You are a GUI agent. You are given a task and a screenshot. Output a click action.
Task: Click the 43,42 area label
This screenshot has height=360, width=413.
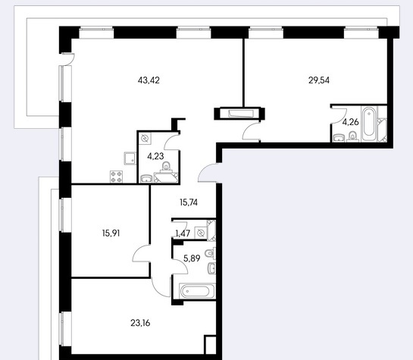pos(149,80)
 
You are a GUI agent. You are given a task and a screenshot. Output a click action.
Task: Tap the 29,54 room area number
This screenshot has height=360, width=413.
pos(319,80)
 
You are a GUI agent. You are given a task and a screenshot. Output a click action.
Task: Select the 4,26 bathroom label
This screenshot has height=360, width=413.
pos(350,122)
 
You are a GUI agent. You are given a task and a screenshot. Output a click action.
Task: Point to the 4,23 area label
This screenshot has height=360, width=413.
pos(155,156)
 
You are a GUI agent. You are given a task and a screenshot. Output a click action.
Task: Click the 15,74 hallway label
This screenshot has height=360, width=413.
pos(189,202)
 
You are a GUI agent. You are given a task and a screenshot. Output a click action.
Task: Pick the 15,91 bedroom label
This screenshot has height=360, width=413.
pos(111,233)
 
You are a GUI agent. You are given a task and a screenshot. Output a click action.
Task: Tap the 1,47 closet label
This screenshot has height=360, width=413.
pos(183,233)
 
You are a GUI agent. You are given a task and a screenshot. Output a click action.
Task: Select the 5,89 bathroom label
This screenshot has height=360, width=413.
pos(192,258)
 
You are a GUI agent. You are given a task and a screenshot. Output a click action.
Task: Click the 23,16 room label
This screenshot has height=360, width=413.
pos(140,323)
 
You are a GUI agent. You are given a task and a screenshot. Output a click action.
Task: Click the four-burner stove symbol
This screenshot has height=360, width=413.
pos(117,177)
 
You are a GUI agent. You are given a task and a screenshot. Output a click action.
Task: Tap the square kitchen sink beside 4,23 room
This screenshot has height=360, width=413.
pos(130,158)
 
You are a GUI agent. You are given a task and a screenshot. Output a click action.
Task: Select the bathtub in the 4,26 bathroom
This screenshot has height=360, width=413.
pos(369,124)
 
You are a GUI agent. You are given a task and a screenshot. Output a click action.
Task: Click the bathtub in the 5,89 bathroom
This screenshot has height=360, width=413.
pos(197,291)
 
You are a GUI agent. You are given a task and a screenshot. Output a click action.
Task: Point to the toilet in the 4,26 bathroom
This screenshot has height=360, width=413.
pos(352,137)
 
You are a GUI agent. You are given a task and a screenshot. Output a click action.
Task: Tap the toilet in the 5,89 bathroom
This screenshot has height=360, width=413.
pos(210,253)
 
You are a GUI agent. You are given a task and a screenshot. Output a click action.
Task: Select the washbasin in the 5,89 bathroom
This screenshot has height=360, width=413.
pos(211,268)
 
